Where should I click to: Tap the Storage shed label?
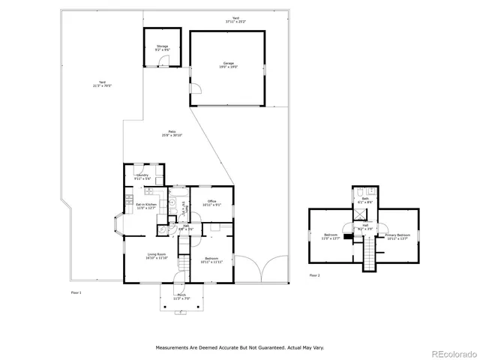tap(163, 48)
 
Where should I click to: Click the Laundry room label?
tap(142, 177)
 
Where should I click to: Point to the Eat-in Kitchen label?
tap(145, 205)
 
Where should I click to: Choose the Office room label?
tap(212, 202)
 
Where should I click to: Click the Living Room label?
tap(157, 256)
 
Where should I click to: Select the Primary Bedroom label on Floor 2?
tap(396, 236)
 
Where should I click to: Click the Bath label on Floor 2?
tap(365, 200)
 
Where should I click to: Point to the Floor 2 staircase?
tap(369, 256)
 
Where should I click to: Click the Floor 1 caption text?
tap(75, 292)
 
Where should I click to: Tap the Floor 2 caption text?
tap(314, 276)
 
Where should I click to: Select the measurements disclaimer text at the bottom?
tap(240, 348)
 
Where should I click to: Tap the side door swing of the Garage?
tap(196, 94)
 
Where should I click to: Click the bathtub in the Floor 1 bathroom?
tap(179, 202)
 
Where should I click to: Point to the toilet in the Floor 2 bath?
tap(358, 190)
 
